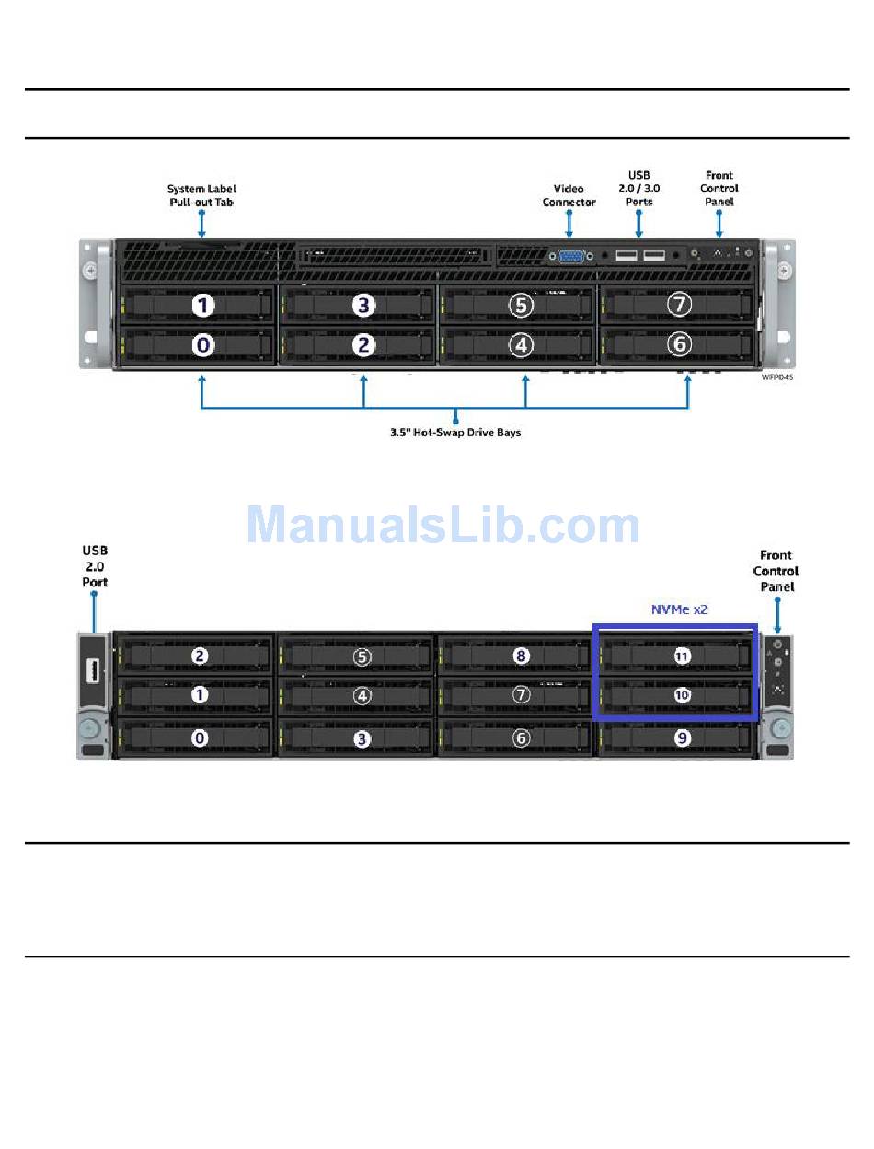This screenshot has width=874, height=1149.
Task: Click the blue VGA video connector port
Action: (x=570, y=256)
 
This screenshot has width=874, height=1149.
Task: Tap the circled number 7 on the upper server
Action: (x=679, y=304)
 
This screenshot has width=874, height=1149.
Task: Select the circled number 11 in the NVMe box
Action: (x=682, y=656)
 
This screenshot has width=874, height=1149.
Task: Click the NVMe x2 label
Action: (x=679, y=609)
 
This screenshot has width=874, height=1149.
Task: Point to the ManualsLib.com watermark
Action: (x=443, y=524)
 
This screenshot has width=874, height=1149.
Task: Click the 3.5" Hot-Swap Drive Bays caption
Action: (x=455, y=433)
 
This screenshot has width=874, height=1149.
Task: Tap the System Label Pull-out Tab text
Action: (x=201, y=195)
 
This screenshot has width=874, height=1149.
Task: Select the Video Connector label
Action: (x=569, y=195)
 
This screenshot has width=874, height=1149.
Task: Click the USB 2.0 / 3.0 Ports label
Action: (x=638, y=189)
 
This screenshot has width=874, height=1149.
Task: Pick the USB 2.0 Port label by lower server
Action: (x=95, y=566)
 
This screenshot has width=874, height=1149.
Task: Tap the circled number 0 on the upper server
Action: (x=203, y=345)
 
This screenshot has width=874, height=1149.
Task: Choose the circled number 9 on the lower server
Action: (x=682, y=738)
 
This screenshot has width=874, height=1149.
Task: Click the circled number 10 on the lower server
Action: (x=682, y=695)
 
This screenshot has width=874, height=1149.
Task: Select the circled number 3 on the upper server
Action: (x=363, y=305)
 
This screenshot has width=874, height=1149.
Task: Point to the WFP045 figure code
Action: (x=776, y=377)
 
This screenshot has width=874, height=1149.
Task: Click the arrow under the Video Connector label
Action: (x=569, y=224)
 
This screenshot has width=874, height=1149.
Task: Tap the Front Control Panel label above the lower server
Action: (x=776, y=571)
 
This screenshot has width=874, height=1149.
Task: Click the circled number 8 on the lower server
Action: (x=521, y=656)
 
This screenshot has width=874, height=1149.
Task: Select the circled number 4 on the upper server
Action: (x=521, y=345)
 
